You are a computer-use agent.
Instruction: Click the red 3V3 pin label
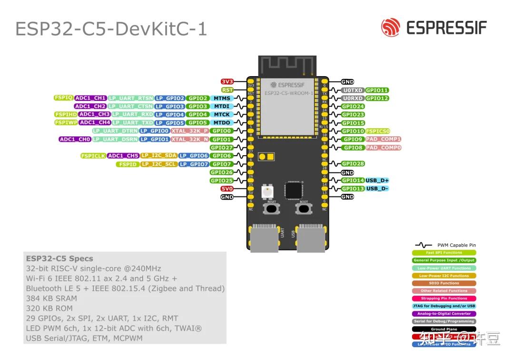[227, 82]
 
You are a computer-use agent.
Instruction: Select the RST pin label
[227, 90]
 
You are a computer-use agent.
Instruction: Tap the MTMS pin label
[222, 98]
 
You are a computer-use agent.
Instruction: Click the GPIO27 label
[222, 148]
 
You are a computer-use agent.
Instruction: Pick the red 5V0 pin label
[227, 189]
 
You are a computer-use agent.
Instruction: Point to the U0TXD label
[353, 90]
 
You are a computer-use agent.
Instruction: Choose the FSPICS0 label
[378, 131]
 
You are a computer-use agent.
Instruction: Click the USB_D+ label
[377, 180]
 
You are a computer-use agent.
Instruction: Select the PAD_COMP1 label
[384, 139]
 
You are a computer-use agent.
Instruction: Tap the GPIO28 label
[353, 164]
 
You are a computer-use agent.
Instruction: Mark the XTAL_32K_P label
[190, 130]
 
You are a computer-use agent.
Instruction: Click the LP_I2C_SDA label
[159, 156]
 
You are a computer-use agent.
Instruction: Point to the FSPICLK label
[93, 156]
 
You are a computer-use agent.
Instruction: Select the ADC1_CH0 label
[75, 140]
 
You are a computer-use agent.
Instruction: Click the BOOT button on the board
[303, 208]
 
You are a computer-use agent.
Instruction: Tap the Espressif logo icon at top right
[390, 27]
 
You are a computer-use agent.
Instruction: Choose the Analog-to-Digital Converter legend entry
[444, 314]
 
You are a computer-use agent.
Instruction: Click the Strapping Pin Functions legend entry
[444, 299]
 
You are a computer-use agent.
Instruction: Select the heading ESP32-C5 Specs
[59, 259]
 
